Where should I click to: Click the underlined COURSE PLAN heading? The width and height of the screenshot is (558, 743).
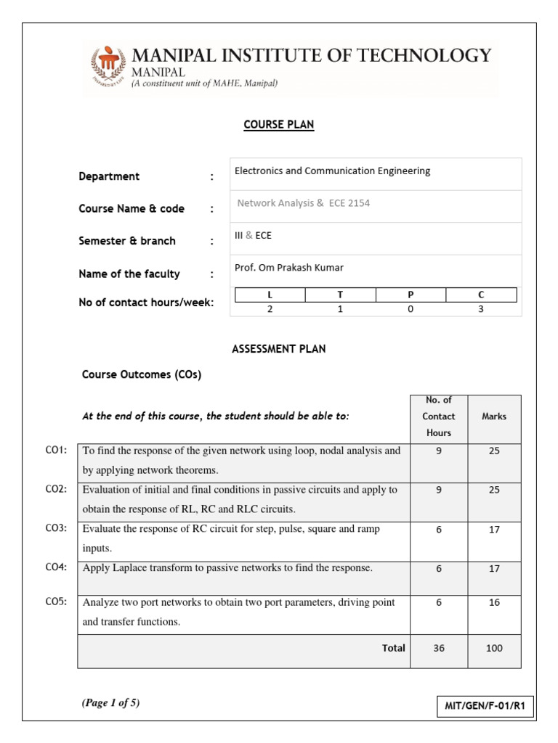278,125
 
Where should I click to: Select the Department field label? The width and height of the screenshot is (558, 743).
109,176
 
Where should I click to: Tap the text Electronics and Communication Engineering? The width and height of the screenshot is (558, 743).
332,171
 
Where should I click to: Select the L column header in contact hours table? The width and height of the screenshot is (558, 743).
270,295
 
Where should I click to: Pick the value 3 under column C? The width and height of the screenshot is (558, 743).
481,309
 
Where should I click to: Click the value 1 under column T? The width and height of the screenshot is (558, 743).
340,309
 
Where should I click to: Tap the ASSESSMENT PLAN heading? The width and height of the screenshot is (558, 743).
278,349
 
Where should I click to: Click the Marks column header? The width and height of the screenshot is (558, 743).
494,416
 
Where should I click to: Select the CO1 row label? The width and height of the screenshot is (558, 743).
56,451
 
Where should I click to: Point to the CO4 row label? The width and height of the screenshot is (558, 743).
56,568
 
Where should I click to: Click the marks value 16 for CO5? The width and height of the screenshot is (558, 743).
494,603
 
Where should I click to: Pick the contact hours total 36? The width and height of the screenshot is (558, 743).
438,648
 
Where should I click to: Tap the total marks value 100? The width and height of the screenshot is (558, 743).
494,648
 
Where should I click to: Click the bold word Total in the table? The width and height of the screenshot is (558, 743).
394,648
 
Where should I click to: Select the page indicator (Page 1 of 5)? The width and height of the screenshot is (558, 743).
110,702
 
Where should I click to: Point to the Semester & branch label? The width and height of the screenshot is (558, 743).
127,241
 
